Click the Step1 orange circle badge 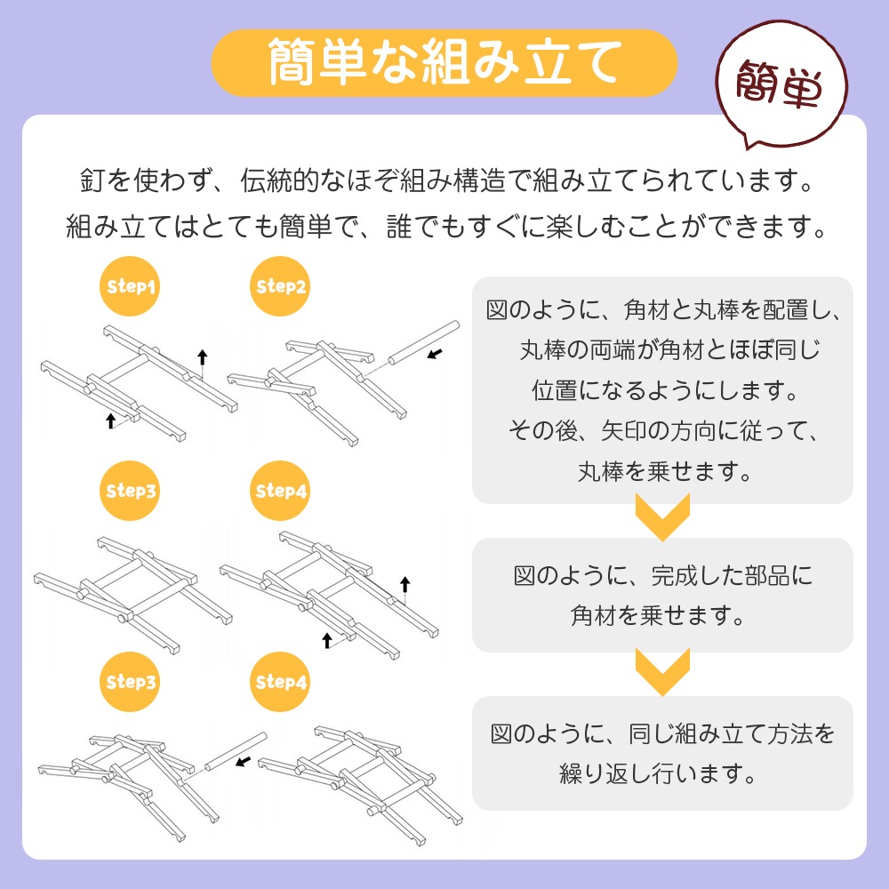130,285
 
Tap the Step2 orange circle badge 280,285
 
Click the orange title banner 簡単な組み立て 444,62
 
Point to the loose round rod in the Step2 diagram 423,342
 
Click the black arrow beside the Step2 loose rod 435,354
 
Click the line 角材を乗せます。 658,615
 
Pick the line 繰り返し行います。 658,773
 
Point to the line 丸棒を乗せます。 664,471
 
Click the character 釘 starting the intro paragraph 92,180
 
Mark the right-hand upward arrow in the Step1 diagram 203,357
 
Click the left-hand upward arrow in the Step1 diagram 111,420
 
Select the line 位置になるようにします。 664,390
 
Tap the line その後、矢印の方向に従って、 664,431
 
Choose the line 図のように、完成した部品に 662,575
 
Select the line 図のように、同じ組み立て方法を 662,733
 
